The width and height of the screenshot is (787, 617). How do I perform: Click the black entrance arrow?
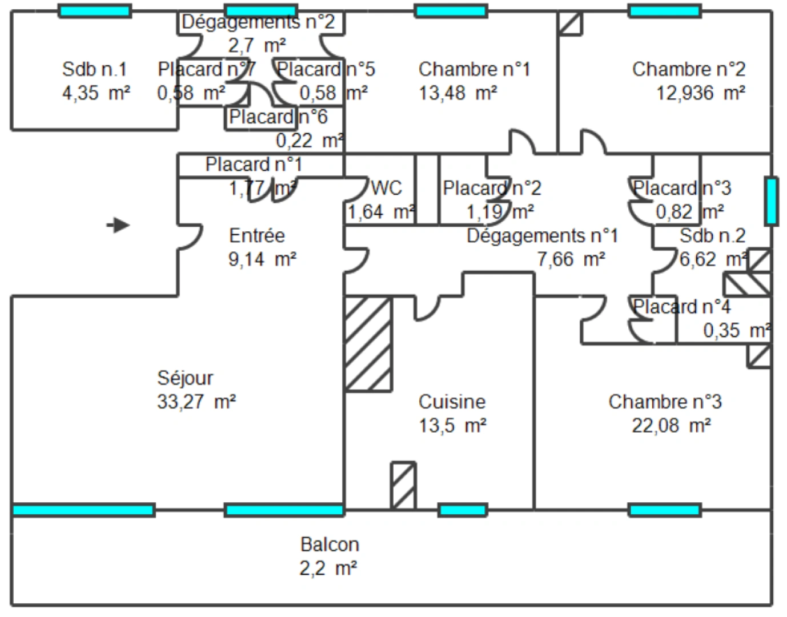(x=119, y=225)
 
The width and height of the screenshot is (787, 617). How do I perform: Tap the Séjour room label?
(x=185, y=378)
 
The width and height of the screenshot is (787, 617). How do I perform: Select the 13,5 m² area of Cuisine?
(x=452, y=426)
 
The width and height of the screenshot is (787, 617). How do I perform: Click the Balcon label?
(x=330, y=544)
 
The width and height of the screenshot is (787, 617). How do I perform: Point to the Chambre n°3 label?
(x=665, y=402)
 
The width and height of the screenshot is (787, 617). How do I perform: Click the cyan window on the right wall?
(x=771, y=201)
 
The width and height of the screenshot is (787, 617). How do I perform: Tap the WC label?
(x=387, y=188)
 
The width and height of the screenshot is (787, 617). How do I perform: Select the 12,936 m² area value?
(x=700, y=93)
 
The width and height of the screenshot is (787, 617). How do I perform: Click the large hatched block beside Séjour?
(x=368, y=343)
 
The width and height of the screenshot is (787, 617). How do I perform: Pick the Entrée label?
(x=257, y=235)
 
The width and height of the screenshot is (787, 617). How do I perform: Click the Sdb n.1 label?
(x=94, y=69)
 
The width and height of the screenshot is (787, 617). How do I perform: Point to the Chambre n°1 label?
(x=474, y=69)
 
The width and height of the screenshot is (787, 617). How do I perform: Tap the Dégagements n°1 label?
(x=542, y=235)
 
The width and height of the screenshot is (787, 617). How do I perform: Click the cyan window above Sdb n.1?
(x=95, y=11)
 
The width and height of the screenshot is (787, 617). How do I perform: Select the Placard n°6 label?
(x=278, y=117)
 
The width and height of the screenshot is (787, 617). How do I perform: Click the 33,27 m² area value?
(x=196, y=402)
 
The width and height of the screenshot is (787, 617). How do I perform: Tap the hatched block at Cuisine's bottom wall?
(x=403, y=486)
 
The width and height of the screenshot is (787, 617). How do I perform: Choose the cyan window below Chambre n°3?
(x=665, y=510)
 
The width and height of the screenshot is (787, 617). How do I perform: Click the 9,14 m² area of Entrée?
(x=262, y=259)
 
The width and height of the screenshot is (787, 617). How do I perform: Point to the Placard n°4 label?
(x=681, y=307)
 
